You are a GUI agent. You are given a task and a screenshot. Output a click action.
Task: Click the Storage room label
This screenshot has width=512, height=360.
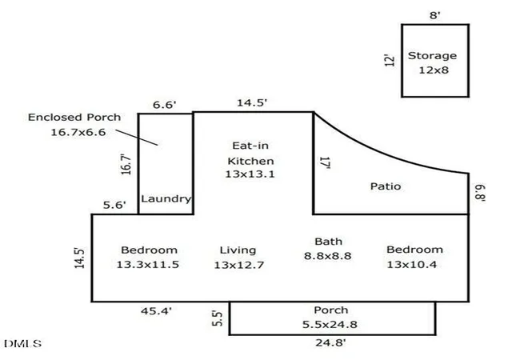point(432,56)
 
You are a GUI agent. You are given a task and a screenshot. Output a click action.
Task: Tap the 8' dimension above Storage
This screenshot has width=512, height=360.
point(435,15)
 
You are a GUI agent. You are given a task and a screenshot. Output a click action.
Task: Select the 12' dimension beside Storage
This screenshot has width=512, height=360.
point(390,61)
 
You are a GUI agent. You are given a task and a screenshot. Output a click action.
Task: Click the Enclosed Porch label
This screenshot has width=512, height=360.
point(74,118)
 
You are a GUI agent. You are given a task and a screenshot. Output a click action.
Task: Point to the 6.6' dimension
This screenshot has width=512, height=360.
point(165,105)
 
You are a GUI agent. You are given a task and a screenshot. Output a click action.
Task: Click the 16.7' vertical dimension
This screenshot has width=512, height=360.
point(126,164)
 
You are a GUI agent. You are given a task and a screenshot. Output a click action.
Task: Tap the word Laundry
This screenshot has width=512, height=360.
point(166,198)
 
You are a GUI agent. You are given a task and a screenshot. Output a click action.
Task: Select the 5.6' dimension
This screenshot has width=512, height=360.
point(114,205)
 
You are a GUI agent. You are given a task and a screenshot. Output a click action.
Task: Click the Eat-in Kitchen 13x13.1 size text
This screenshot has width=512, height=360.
point(250,174)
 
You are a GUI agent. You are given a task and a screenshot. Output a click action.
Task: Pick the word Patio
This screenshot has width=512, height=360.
point(386,186)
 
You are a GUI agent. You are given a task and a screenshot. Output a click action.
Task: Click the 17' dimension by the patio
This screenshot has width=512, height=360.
point(326,162)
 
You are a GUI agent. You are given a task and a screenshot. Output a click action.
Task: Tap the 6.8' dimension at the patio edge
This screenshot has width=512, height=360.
point(480,193)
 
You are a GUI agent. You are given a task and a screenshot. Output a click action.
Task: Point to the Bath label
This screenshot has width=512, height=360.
point(328,242)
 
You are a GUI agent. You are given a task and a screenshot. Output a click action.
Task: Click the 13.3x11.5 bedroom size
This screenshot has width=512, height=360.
point(147,264)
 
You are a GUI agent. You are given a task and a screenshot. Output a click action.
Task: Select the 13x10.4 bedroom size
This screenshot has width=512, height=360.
point(412,264)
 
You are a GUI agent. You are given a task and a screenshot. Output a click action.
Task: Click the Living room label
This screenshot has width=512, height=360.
point(238,250)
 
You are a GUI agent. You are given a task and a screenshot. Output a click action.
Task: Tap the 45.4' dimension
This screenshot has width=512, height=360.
point(156,311)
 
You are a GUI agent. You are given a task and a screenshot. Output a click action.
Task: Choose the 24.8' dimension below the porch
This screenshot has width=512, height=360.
point(330,342)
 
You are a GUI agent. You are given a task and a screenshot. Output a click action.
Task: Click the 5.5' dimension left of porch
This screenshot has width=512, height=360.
point(217,318)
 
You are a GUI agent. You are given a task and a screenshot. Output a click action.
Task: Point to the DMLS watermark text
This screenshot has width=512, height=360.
point(23,344)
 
